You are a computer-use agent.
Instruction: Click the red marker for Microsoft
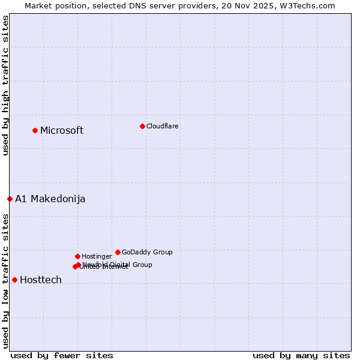click(x=35, y=130)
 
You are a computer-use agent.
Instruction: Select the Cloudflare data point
click(x=142, y=126)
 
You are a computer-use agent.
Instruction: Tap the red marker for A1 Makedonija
click(x=10, y=199)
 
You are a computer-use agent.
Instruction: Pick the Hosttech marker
click(x=14, y=280)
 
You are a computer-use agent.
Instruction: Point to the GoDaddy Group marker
click(x=118, y=252)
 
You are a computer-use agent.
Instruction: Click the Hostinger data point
click(x=77, y=256)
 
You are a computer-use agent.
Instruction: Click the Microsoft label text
click(x=62, y=131)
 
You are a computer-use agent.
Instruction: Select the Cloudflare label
click(x=162, y=126)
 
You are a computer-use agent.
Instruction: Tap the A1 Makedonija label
click(x=50, y=199)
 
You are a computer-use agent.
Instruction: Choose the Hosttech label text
click(x=41, y=280)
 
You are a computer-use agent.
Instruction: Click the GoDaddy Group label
click(x=147, y=253)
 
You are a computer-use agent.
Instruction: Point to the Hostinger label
click(x=97, y=257)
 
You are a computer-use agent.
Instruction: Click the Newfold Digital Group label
click(x=118, y=265)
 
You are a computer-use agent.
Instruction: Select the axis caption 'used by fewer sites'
click(x=62, y=355)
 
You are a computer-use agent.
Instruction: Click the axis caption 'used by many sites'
click(x=301, y=355)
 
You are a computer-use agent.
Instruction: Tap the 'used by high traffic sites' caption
click(x=5, y=85)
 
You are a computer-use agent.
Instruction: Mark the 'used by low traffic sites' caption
click(x=5, y=281)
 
